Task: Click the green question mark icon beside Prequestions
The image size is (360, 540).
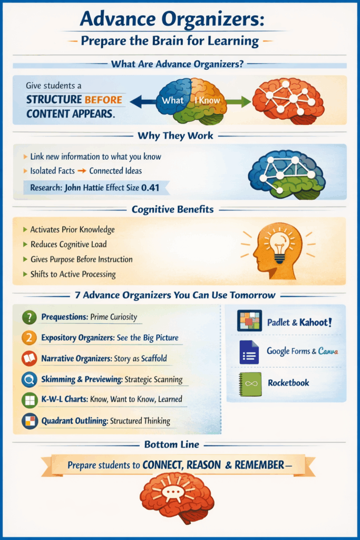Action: tap(29, 317)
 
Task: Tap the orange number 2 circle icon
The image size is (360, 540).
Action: tap(29, 338)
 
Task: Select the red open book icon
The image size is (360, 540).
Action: tap(29, 359)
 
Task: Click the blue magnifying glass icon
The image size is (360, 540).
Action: tap(29, 380)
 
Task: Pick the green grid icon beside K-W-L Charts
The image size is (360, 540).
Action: tap(29, 400)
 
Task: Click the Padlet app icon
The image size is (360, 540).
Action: tap(249, 321)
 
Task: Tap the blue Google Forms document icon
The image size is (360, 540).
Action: tap(249, 352)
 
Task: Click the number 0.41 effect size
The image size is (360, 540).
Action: tap(157, 187)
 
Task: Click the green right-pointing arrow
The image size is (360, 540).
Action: tap(239, 101)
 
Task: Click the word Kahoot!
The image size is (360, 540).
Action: tap(316, 322)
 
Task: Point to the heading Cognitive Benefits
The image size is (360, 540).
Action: tap(173, 209)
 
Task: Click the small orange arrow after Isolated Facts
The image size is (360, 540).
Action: tap(82, 171)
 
